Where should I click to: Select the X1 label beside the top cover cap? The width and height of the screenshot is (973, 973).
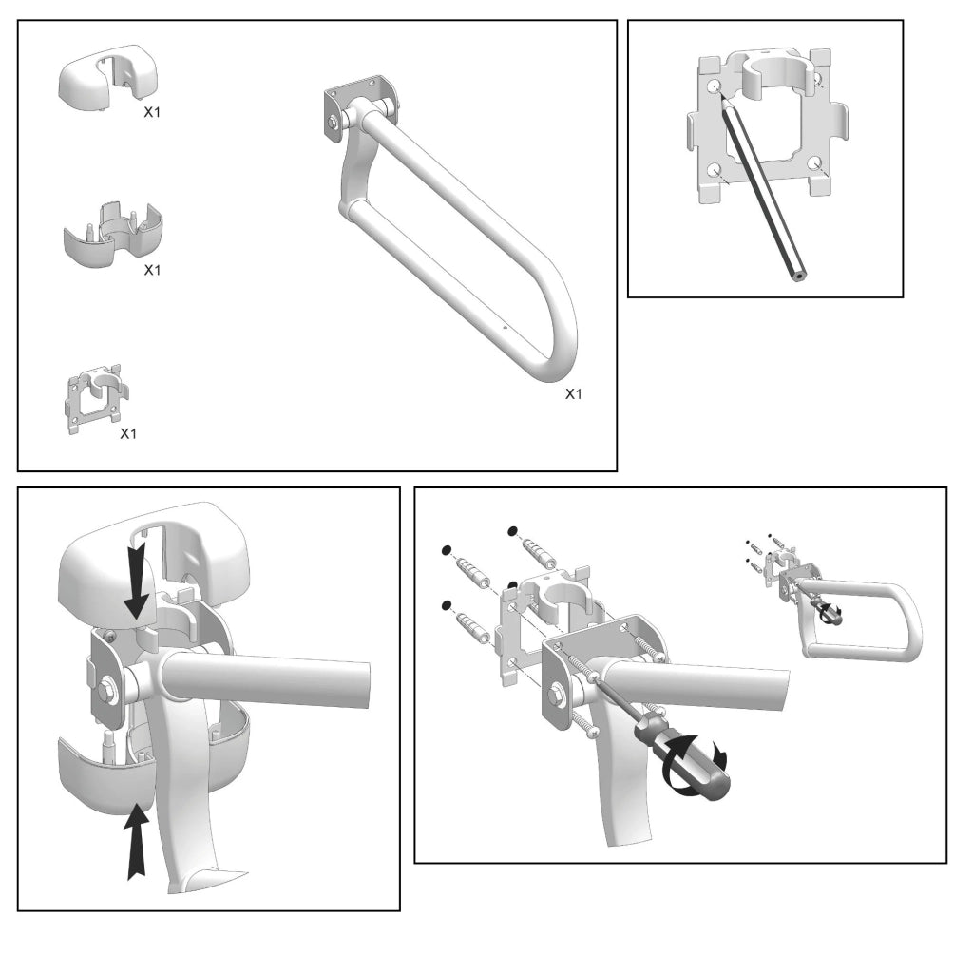point(152,111)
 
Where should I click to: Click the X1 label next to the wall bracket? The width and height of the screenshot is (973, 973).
point(128,433)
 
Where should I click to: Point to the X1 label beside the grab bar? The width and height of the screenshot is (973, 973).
point(573,393)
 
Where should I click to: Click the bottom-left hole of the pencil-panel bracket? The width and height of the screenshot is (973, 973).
point(713,170)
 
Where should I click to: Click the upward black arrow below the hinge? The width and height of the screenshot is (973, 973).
point(139,840)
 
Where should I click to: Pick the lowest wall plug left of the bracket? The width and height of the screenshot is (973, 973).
point(472,627)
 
